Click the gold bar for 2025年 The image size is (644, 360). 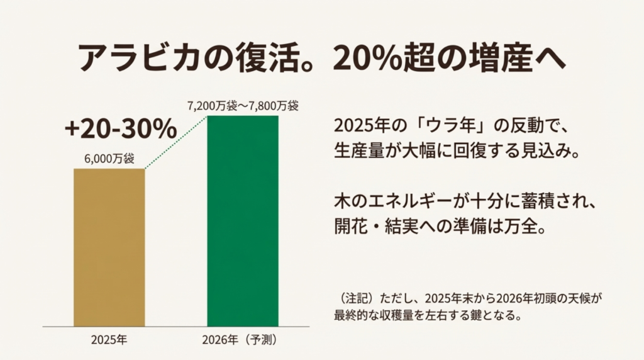pos(109,247)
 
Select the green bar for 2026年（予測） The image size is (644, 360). pos(242,220)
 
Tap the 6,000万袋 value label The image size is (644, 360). pos(109,159)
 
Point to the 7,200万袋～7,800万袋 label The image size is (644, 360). pos(242,106)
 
